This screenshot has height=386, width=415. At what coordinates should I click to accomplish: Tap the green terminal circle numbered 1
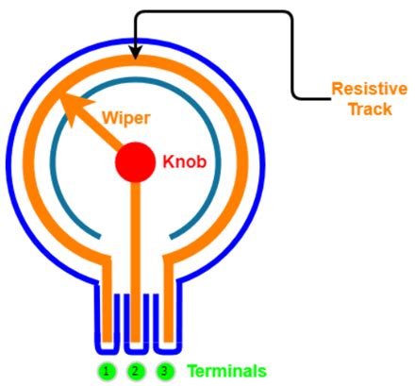(x=108, y=371)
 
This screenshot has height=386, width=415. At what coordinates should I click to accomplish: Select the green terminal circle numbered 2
(x=136, y=371)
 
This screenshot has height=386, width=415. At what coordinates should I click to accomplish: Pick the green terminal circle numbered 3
(x=164, y=371)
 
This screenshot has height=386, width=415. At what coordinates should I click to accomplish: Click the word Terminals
(x=225, y=371)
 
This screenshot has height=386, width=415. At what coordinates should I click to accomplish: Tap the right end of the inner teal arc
(x=173, y=232)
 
